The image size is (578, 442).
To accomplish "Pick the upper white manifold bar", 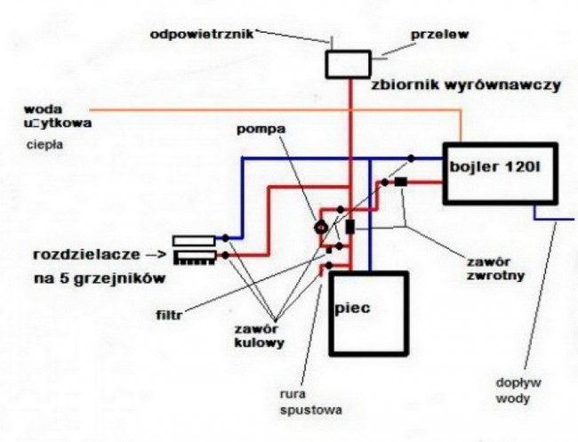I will click(193, 239).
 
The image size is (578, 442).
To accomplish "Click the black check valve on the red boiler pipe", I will click(401, 182).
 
